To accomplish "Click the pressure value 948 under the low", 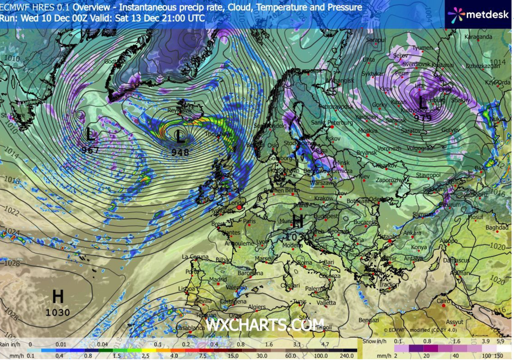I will tap(180, 152).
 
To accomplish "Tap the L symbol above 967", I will tap(91, 136).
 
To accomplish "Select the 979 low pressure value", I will tap(423, 118).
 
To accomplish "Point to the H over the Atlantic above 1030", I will tap(58, 297).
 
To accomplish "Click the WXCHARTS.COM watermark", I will tap(265, 325).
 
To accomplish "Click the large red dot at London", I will tap(240, 208).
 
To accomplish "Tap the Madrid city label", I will tap(218, 279).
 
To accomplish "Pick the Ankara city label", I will tap(413, 233).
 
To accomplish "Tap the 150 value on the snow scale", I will tap(502, 354).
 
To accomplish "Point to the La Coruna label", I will tap(195, 257).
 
